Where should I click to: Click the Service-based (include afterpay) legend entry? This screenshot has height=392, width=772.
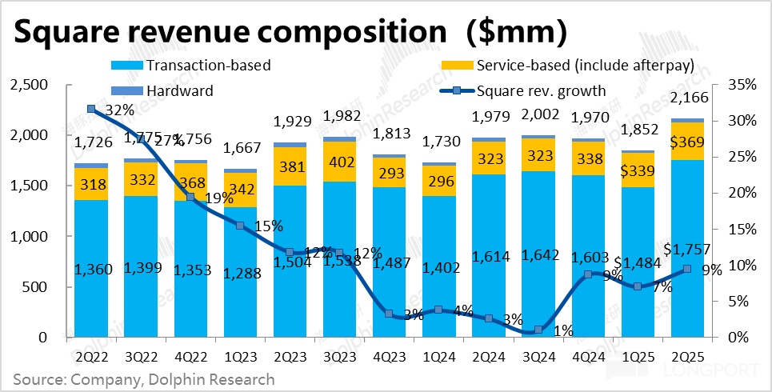pos(567,65)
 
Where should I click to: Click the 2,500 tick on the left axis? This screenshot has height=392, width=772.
pos(29,85)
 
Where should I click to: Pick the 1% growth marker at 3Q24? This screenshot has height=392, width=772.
pos(538,330)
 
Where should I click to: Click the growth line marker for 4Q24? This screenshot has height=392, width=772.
pos(588,274)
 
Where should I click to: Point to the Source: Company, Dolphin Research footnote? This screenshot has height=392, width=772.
pos(144,378)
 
